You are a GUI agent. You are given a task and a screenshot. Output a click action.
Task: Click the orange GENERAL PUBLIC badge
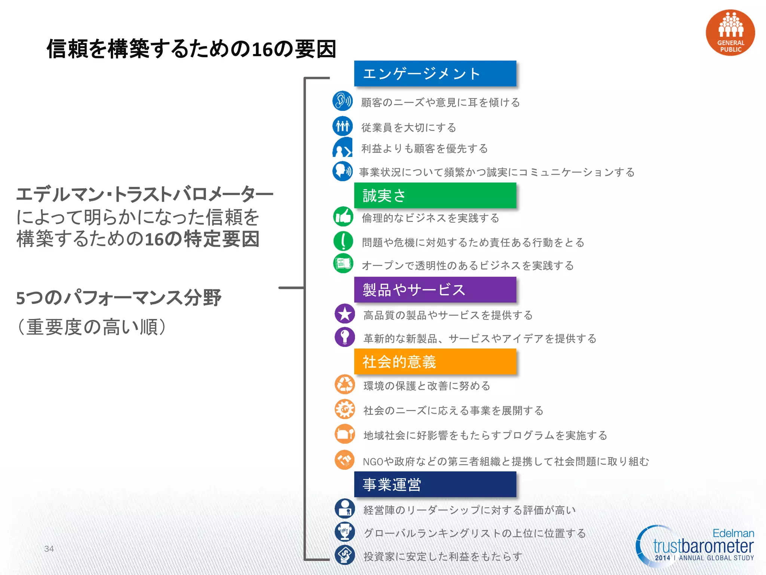[730, 33]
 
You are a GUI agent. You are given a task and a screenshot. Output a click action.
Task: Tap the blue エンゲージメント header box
[435, 73]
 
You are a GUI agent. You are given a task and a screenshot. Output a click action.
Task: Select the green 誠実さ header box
[435, 195]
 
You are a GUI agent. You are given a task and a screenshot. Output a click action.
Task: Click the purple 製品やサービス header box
[435, 290]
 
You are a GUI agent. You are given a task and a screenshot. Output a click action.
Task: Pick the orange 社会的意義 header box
[435, 362]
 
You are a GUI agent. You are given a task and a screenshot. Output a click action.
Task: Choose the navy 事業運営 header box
[435, 484]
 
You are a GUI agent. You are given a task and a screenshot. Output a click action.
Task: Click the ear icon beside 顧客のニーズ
[342, 101]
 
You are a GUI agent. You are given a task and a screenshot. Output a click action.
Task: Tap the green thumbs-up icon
[343, 216]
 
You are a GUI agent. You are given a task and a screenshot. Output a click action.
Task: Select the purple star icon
[344, 314]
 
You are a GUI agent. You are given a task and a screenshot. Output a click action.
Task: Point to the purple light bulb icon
[344, 337]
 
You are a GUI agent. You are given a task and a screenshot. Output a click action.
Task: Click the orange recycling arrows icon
[344, 384]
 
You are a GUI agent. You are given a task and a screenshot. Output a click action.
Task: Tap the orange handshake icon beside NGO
[344, 460]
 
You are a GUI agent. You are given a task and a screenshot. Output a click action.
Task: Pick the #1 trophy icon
[344, 532]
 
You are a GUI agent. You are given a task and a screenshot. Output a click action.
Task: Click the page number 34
[49, 549]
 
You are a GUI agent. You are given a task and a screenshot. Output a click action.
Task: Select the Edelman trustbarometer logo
[696, 546]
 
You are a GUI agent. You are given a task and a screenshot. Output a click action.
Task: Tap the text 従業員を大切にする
[408, 128]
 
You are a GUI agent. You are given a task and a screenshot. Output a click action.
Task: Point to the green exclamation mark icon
[343, 241]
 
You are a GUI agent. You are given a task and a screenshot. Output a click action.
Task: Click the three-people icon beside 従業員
[342, 126]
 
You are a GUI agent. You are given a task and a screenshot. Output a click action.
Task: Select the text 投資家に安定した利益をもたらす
[443, 557]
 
